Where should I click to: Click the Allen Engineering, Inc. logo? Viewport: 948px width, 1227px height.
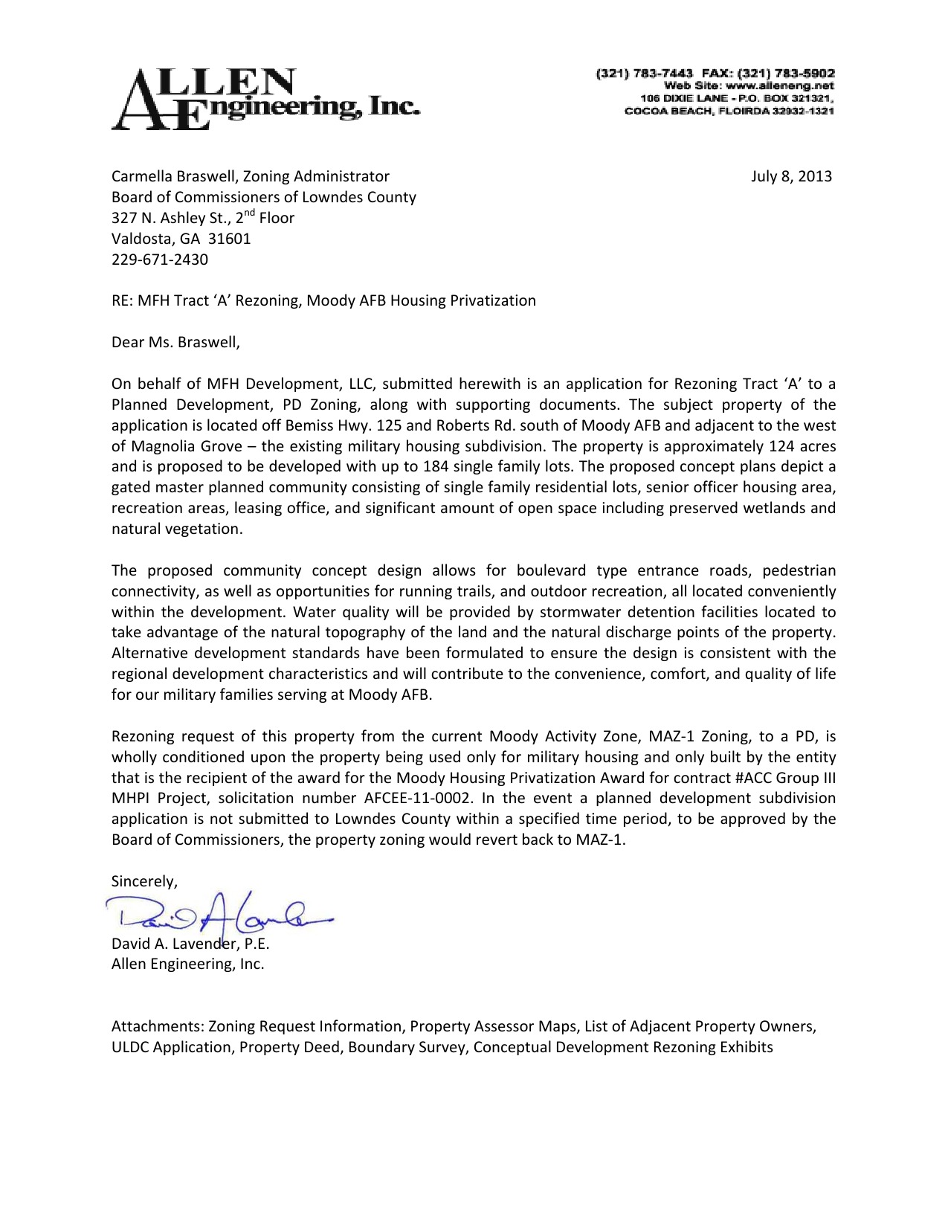(x=265, y=99)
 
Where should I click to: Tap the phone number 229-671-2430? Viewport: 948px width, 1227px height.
(x=159, y=260)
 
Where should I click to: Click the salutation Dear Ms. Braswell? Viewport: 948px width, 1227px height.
(x=175, y=342)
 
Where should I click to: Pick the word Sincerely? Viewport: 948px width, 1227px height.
(x=144, y=881)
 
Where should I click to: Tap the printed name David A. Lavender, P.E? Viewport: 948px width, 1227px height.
(x=190, y=944)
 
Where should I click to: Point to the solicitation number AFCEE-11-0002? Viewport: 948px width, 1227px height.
(x=418, y=799)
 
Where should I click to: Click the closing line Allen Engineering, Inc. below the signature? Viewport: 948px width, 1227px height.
(x=187, y=964)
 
